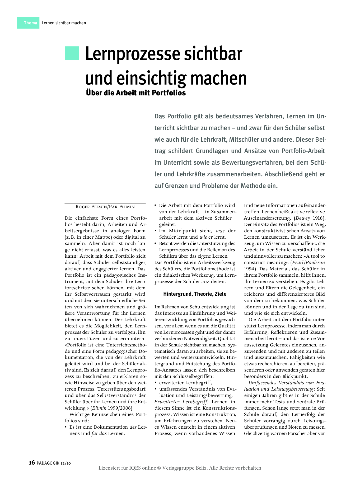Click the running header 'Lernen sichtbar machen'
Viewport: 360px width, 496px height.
(64, 23)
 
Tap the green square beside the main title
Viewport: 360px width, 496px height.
(72, 53)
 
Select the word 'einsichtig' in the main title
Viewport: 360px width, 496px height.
(151, 78)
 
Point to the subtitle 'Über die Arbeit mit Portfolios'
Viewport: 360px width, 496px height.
(136, 93)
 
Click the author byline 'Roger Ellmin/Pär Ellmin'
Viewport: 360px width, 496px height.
(105, 207)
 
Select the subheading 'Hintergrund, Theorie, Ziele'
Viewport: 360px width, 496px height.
(195, 294)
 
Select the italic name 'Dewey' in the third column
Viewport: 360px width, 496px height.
(303, 218)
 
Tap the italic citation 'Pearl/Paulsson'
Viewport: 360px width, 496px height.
(308, 263)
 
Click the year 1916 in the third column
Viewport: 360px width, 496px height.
(318, 218)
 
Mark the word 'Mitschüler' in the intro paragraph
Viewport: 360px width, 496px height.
(246, 140)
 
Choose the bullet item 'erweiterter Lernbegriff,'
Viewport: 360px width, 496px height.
(185, 383)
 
